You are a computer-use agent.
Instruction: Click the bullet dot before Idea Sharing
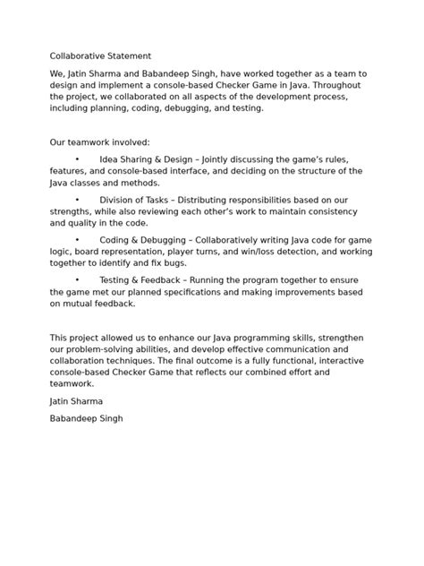click(78, 158)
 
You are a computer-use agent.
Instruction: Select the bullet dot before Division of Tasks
click(78, 199)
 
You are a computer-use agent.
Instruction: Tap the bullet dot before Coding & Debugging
click(78, 239)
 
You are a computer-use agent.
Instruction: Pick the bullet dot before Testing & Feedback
click(78, 279)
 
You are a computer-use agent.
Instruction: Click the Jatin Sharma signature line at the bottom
click(77, 401)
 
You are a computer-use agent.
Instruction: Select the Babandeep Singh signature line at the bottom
click(87, 418)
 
